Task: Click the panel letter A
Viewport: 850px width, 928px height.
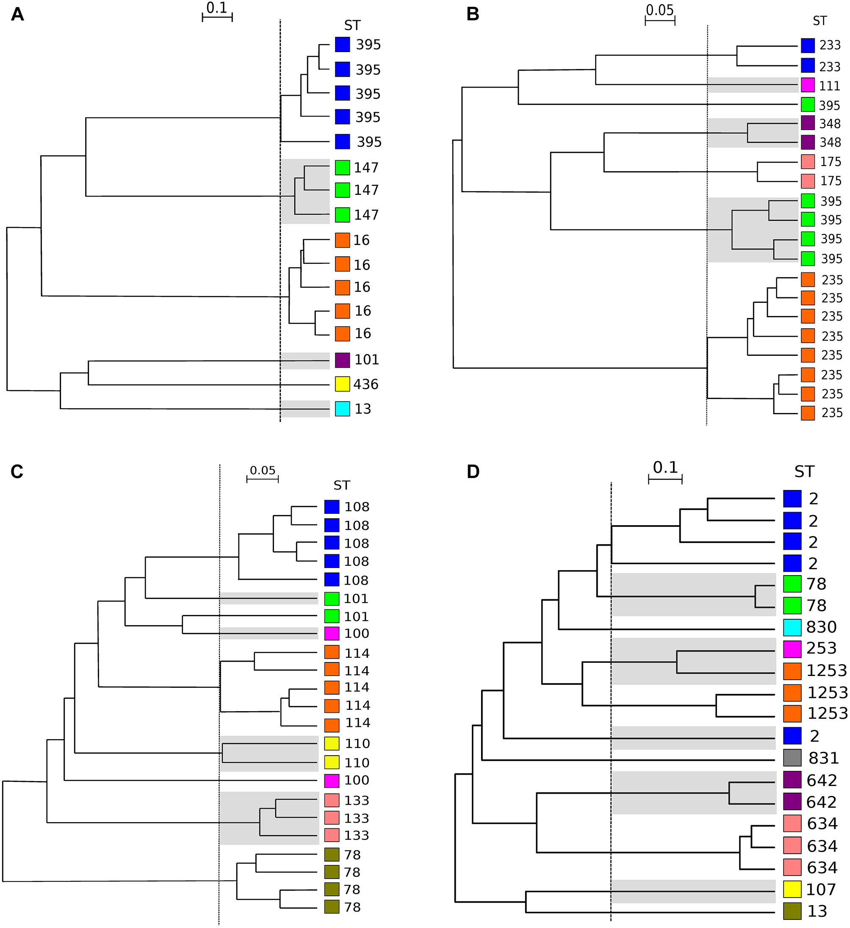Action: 17,14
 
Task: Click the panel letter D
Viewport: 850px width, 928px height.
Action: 473,472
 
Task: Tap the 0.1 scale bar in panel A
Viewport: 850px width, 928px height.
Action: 217,17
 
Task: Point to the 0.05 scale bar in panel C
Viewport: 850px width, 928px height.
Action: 262,479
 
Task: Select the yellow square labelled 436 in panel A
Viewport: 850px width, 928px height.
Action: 342,384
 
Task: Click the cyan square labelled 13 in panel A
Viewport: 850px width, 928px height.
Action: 342,409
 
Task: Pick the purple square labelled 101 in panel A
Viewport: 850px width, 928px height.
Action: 342,360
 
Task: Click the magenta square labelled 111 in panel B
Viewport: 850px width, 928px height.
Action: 808,86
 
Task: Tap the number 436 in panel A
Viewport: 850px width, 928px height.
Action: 366,384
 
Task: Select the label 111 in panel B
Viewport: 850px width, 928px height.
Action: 830,86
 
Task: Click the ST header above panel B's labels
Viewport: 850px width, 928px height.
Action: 820,21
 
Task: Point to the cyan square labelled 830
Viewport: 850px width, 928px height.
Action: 792,626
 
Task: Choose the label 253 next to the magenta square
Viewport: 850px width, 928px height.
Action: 822,648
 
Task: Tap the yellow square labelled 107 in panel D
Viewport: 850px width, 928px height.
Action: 792,889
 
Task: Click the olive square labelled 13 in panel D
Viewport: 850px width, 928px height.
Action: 792,911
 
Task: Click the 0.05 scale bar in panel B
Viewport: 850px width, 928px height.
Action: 659,21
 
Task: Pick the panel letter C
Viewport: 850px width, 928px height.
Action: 17,472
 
